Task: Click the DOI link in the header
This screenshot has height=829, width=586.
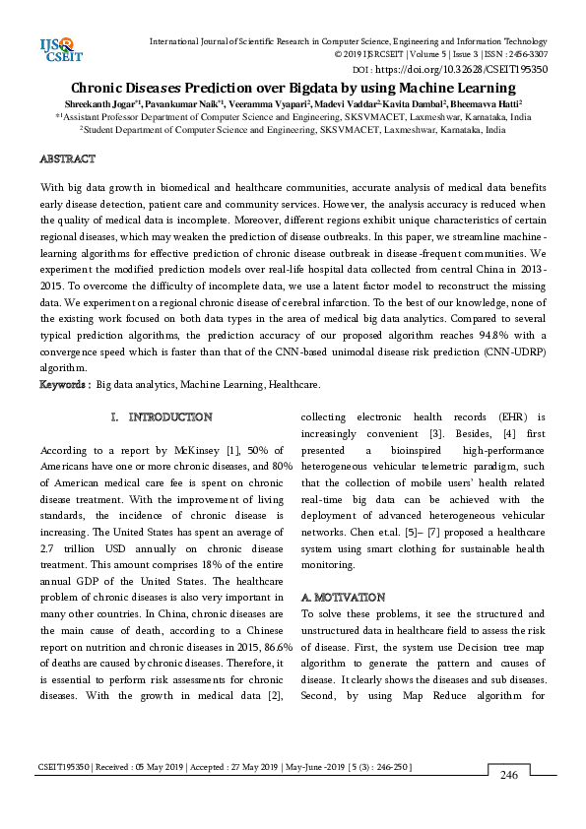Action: click(473, 70)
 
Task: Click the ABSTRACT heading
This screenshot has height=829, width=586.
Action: click(67, 159)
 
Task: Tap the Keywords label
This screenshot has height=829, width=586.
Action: click(65, 383)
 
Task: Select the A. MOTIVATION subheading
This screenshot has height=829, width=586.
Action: click(342, 598)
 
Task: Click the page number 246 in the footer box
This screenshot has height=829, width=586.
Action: click(509, 776)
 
